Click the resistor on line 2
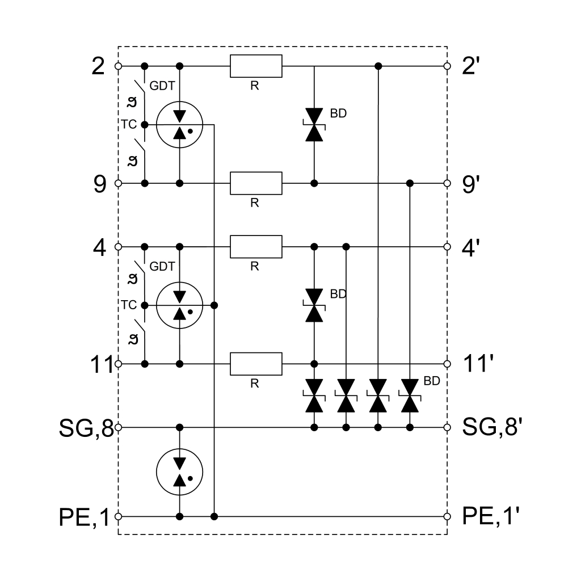(256, 66)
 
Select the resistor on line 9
(256, 183)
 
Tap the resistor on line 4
(256, 247)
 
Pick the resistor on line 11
(256, 364)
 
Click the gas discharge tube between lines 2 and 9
(180, 124)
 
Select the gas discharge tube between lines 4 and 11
(180, 305)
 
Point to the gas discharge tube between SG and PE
(180, 471)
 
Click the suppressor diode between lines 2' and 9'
(314, 124)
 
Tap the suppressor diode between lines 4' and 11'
(314, 305)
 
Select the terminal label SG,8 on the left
(86, 427)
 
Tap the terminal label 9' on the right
(471, 184)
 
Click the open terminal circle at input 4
(118, 247)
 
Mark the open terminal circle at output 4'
(447, 247)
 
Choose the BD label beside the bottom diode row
(432, 381)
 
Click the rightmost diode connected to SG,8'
(410, 395)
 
